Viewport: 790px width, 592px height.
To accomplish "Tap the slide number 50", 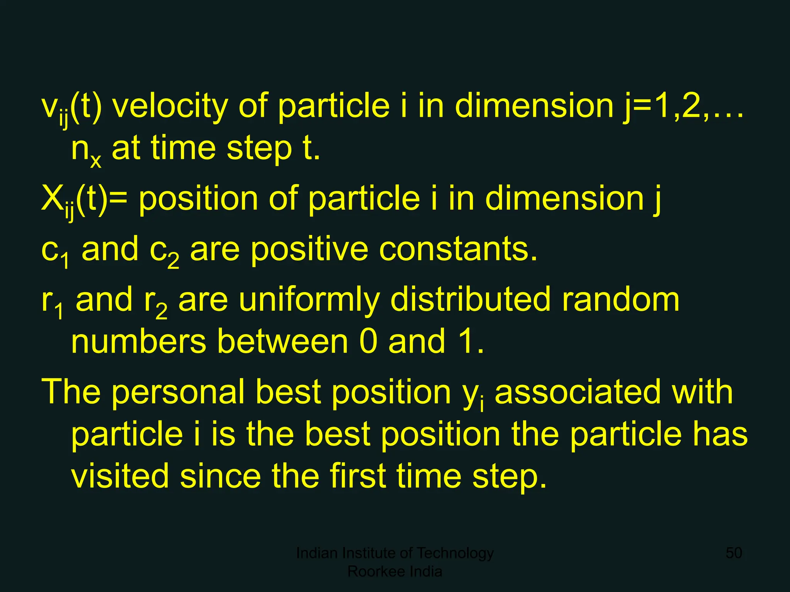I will click(734, 553).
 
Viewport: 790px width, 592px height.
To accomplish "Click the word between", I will click(283, 341).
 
